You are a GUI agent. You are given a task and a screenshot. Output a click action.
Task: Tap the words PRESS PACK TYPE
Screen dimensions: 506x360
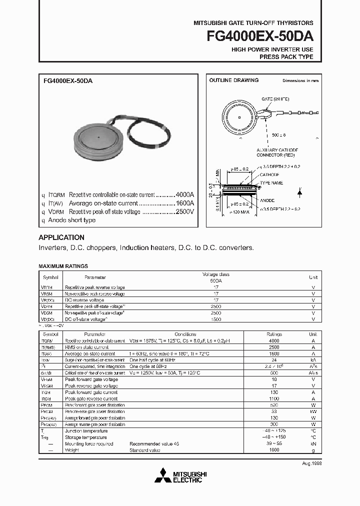(x=286, y=57)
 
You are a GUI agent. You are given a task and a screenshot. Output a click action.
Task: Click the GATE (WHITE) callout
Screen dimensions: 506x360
(x=275, y=99)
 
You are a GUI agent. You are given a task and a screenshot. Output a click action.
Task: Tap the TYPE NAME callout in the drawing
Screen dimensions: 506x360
(x=271, y=183)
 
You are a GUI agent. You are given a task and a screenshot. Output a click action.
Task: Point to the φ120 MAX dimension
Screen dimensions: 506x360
(x=240, y=213)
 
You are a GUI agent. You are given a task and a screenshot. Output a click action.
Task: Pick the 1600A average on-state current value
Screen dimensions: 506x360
(x=185, y=203)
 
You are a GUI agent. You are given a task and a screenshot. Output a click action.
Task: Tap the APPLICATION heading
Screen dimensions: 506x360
(x=61, y=237)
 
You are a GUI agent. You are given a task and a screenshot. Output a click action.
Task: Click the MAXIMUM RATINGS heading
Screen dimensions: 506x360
(x=63, y=266)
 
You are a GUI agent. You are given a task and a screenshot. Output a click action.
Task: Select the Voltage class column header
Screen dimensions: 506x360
(x=215, y=274)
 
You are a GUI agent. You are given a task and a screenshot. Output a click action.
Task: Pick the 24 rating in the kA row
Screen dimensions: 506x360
(x=274, y=360)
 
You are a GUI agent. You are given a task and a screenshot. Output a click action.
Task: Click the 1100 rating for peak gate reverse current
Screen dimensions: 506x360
(x=274, y=398)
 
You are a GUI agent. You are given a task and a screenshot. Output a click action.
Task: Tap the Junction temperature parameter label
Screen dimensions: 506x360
(x=86, y=431)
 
